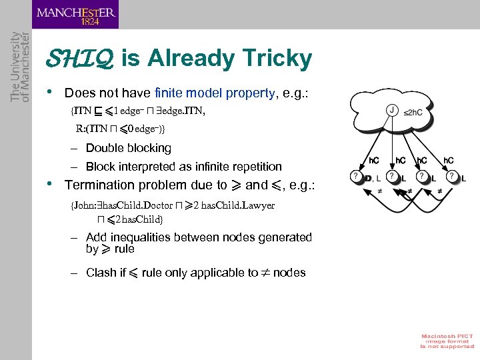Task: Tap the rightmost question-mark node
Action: (x=453, y=177)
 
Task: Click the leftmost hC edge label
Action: (x=375, y=161)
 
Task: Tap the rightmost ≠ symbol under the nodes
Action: (x=439, y=191)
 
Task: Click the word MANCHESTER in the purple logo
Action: (x=75, y=12)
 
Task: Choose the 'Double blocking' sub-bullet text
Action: (x=129, y=148)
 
